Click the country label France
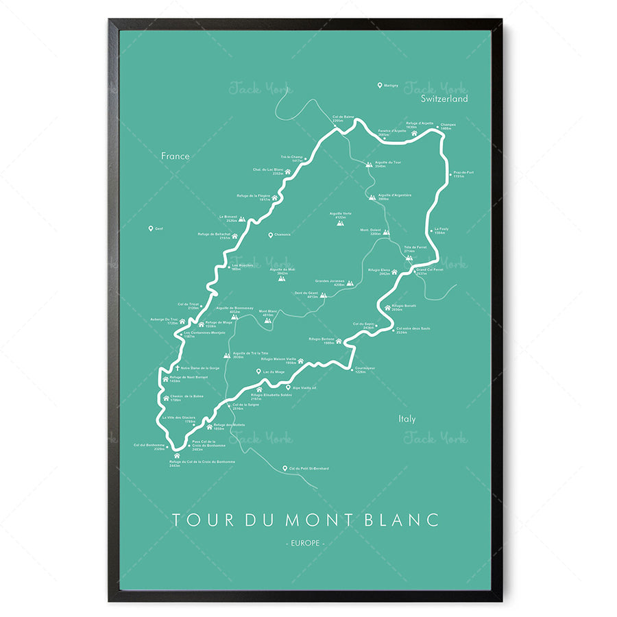click(175, 156)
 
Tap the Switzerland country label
click(444, 99)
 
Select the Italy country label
click(407, 418)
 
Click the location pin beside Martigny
click(380, 86)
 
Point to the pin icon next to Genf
click(151, 228)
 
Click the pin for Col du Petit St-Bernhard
click(285, 468)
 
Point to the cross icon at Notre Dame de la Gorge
click(165, 368)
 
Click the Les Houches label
click(242, 265)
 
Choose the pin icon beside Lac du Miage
click(258, 372)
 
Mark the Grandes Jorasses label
click(330, 281)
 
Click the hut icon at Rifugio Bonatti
click(387, 307)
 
